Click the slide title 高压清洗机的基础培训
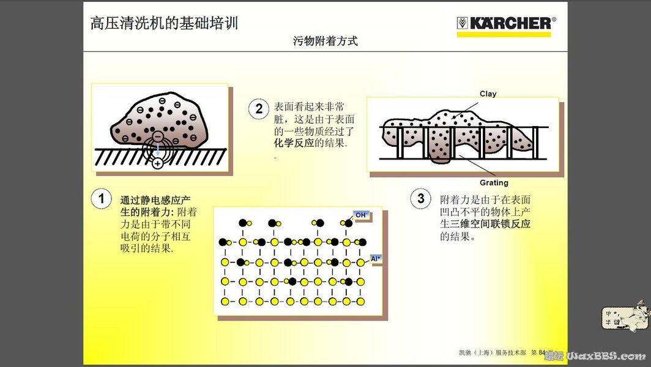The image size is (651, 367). pyautogui.click(x=163, y=23)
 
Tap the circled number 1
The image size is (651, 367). pyautogui.click(x=101, y=199)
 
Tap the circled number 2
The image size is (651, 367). pyautogui.click(x=259, y=109)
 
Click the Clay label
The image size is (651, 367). pyautogui.click(x=488, y=94)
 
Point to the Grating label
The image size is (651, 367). pyautogui.click(x=494, y=183)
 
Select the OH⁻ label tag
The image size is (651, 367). pyautogui.click(x=361, y=215)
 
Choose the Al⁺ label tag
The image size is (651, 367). pyautogui.click(x=376, y=259)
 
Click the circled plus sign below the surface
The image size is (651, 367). pyautogui.click(x=158, y=163)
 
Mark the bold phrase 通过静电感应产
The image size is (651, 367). pyautogui.click(x=155, y=200)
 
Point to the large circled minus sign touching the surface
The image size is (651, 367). pyautogui.click(x=158, y=136)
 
